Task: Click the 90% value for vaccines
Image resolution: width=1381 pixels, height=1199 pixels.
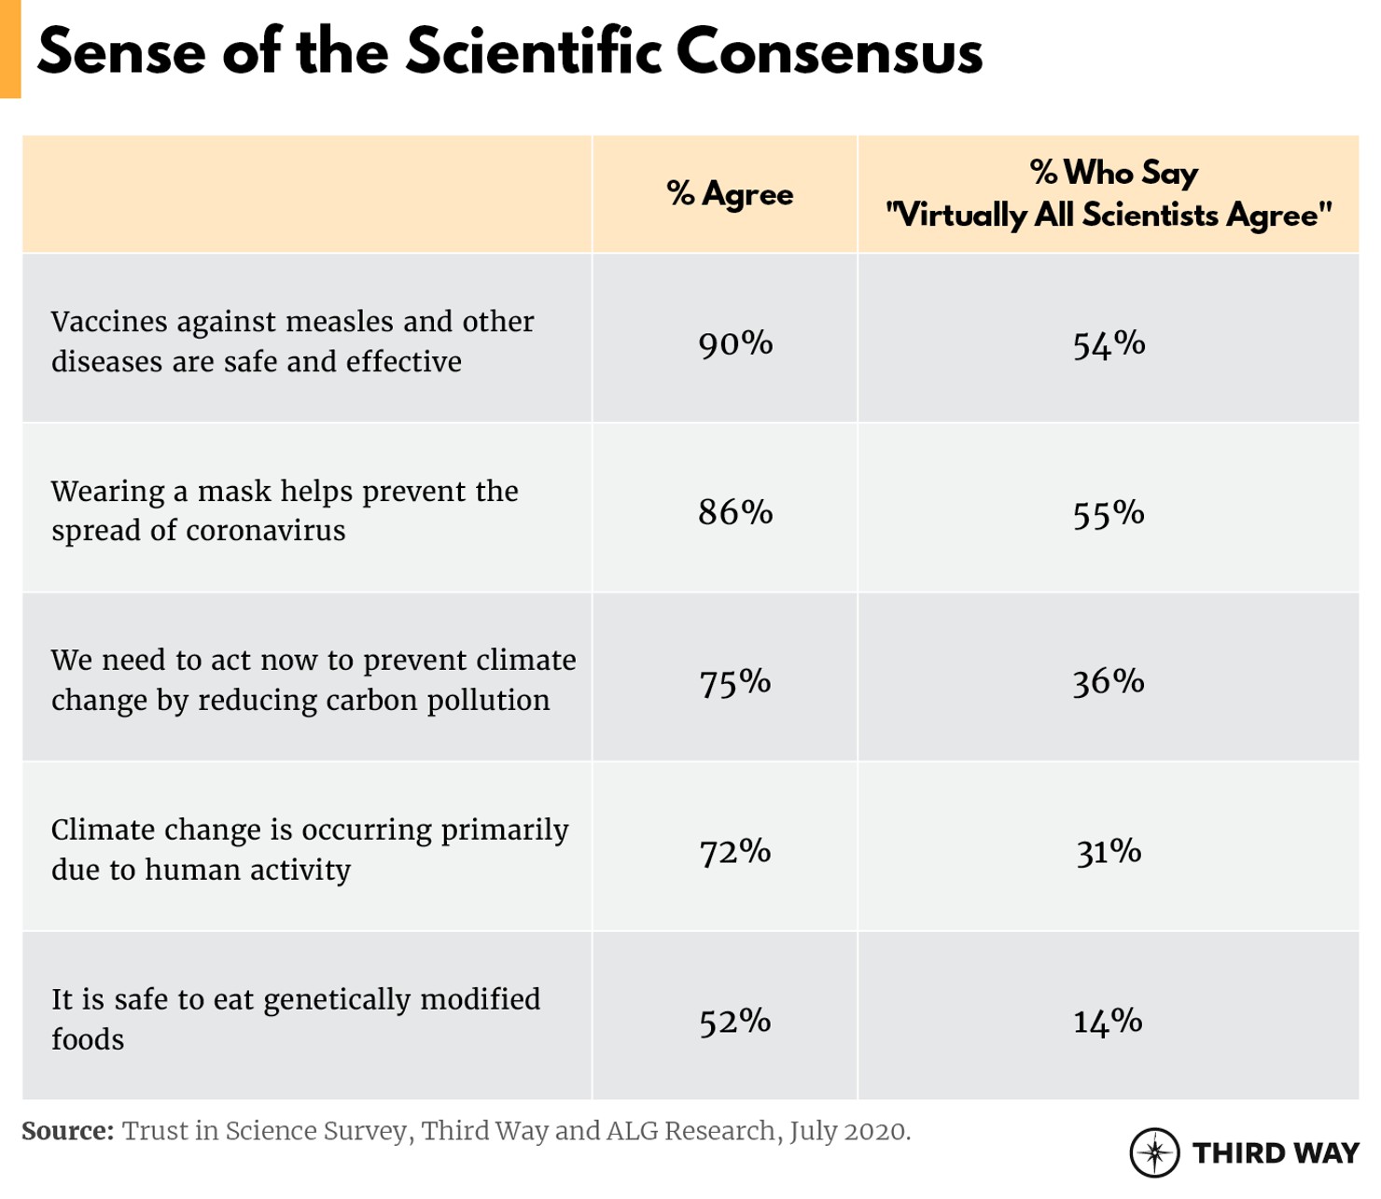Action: pos(735,343)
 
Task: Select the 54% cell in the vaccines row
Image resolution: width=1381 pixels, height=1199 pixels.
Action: pos(1109,343)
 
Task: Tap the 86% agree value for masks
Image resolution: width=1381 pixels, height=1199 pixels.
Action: pos(735,512)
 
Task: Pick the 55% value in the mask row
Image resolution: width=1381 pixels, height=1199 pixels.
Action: pos(1109,513)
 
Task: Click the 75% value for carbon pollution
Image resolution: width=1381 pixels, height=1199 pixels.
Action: pos(735,682)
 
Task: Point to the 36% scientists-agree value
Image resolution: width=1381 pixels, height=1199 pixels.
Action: pos(1109,682)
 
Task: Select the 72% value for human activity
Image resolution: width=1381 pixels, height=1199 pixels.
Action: pos(735,851)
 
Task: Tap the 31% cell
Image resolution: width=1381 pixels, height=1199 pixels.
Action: pos(1109,851)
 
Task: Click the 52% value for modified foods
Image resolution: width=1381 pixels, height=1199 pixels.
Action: pos(735,1021)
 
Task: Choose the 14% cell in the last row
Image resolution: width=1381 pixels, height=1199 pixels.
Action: pos(1109,1021)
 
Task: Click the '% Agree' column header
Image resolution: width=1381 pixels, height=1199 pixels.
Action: pos(730,194)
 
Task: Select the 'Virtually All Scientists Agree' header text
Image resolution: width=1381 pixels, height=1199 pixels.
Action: pos(1109,216)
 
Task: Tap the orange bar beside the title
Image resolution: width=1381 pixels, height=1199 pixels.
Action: pos(9,49)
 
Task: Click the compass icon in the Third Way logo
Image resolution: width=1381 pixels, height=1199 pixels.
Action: pos(1154,1152)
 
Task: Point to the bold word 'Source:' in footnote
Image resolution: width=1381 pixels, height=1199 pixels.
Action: pos(67,1131)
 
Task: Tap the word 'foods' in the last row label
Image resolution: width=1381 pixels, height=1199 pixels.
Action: pos(87,1039)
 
